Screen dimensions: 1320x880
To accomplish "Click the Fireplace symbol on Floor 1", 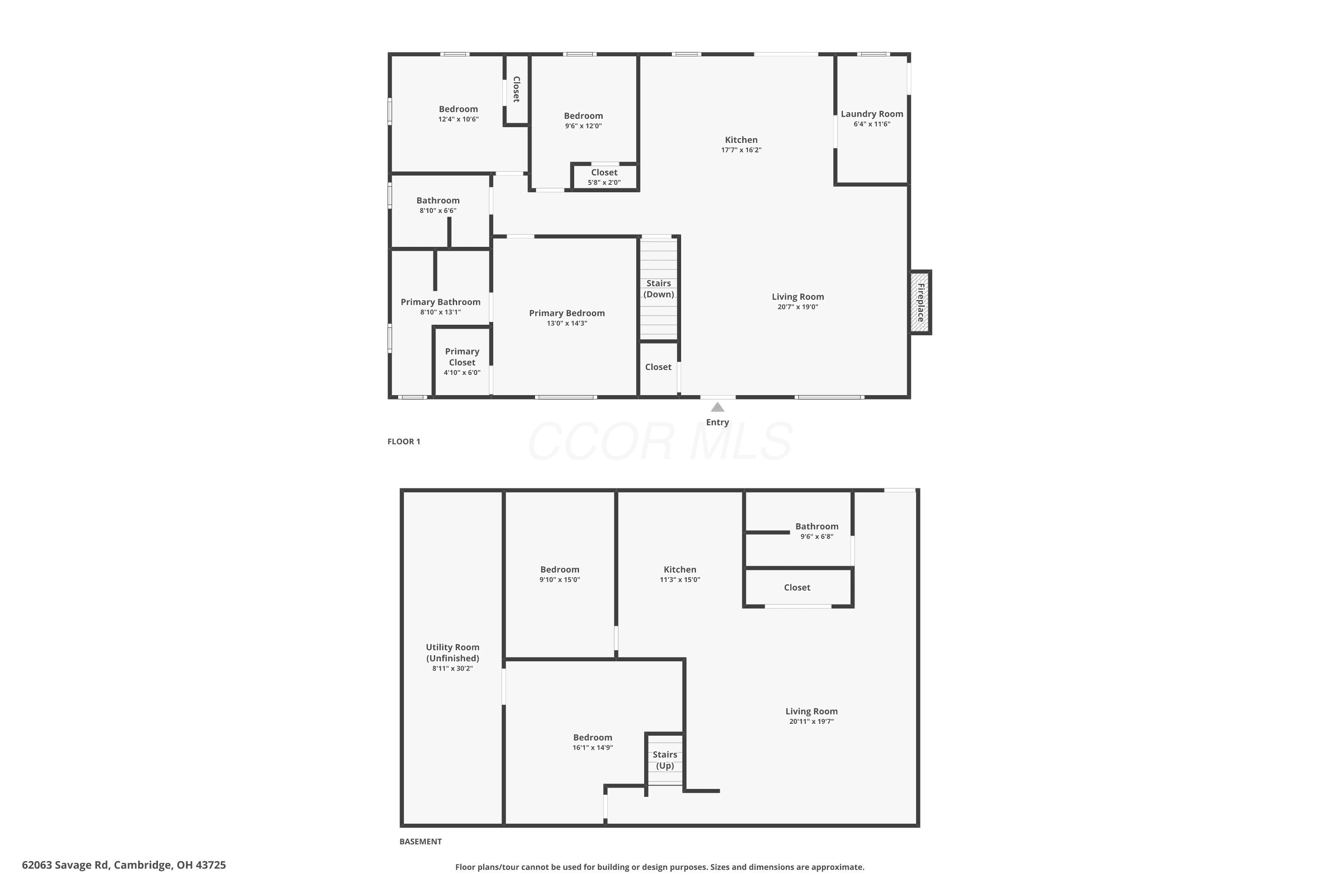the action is [920, 303].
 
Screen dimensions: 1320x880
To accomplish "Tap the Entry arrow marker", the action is [717, 407].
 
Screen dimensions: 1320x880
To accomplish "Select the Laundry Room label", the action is [872, 114].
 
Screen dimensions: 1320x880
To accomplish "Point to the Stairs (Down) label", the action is [658, 289].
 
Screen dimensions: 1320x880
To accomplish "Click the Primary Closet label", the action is [462, 357].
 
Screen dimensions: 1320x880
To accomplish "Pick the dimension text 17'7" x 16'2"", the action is [741, 150].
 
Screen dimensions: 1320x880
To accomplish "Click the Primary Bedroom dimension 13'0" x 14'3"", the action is [567, 323].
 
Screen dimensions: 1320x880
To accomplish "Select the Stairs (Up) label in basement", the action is [664, 760].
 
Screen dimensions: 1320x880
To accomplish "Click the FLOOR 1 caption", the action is [403, 442].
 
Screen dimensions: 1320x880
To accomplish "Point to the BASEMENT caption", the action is [420, 841].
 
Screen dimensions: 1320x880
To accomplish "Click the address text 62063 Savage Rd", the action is [66, 865].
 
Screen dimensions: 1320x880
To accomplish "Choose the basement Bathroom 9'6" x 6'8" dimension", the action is [817, 536].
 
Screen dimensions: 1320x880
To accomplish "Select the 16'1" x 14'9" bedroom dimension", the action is [593, 748].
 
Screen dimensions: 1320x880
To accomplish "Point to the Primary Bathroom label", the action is [440, 302].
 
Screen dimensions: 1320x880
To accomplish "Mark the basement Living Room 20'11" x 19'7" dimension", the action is [811, 721].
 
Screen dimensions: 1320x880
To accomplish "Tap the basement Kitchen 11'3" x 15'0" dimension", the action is [680, 580].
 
